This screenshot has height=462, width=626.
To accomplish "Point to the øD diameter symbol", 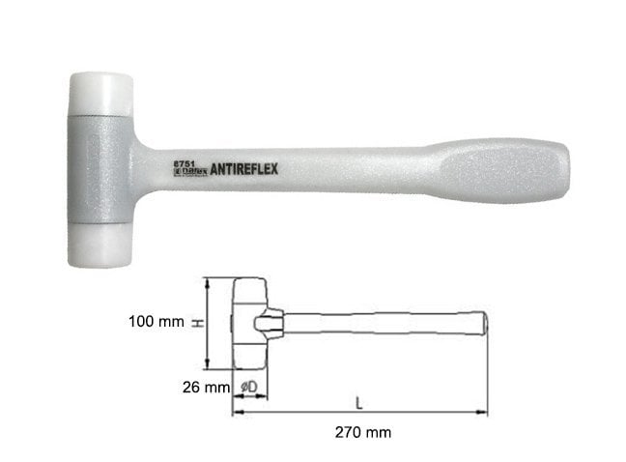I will coord(247,387).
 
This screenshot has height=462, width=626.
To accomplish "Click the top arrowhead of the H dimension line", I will coord(208,281).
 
